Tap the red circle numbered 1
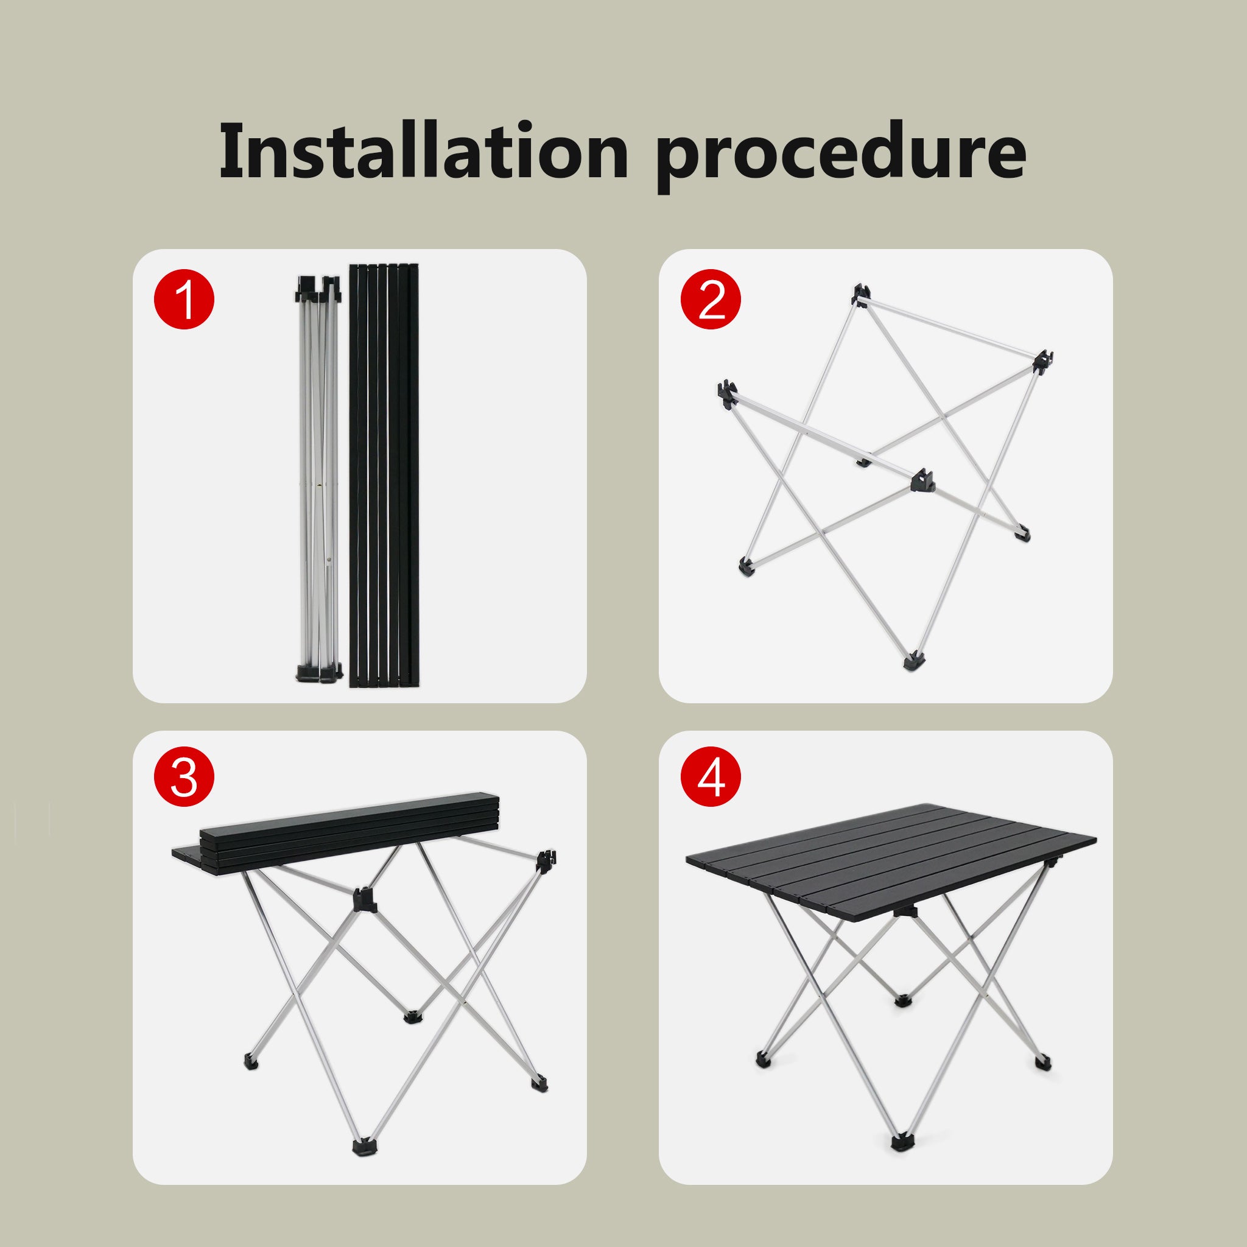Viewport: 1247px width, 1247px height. (x=184, y=300)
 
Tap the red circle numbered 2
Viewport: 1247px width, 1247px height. (x=711, y=300)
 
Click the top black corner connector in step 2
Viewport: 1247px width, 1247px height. (x=863, y=293)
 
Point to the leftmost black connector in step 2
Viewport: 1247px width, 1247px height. (x=726, y=393)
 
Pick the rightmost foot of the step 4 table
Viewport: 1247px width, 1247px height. (x=1041, y=1061)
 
